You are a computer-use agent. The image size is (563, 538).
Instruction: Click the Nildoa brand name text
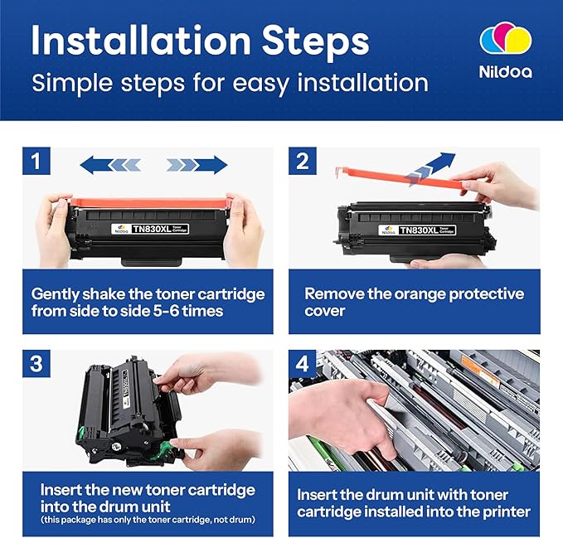(x=504, y=72)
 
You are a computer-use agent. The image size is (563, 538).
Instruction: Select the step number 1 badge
(x=36, y=161)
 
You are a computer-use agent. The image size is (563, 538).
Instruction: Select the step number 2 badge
(x=303, y=161)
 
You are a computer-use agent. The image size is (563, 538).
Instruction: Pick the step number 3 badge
(x=36, y=364)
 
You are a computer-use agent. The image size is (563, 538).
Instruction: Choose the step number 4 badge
(x=303, y=364)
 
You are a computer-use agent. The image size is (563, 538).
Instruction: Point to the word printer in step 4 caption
(x=502, y=511)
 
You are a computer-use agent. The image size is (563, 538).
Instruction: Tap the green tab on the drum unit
(x=169, y=453)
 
